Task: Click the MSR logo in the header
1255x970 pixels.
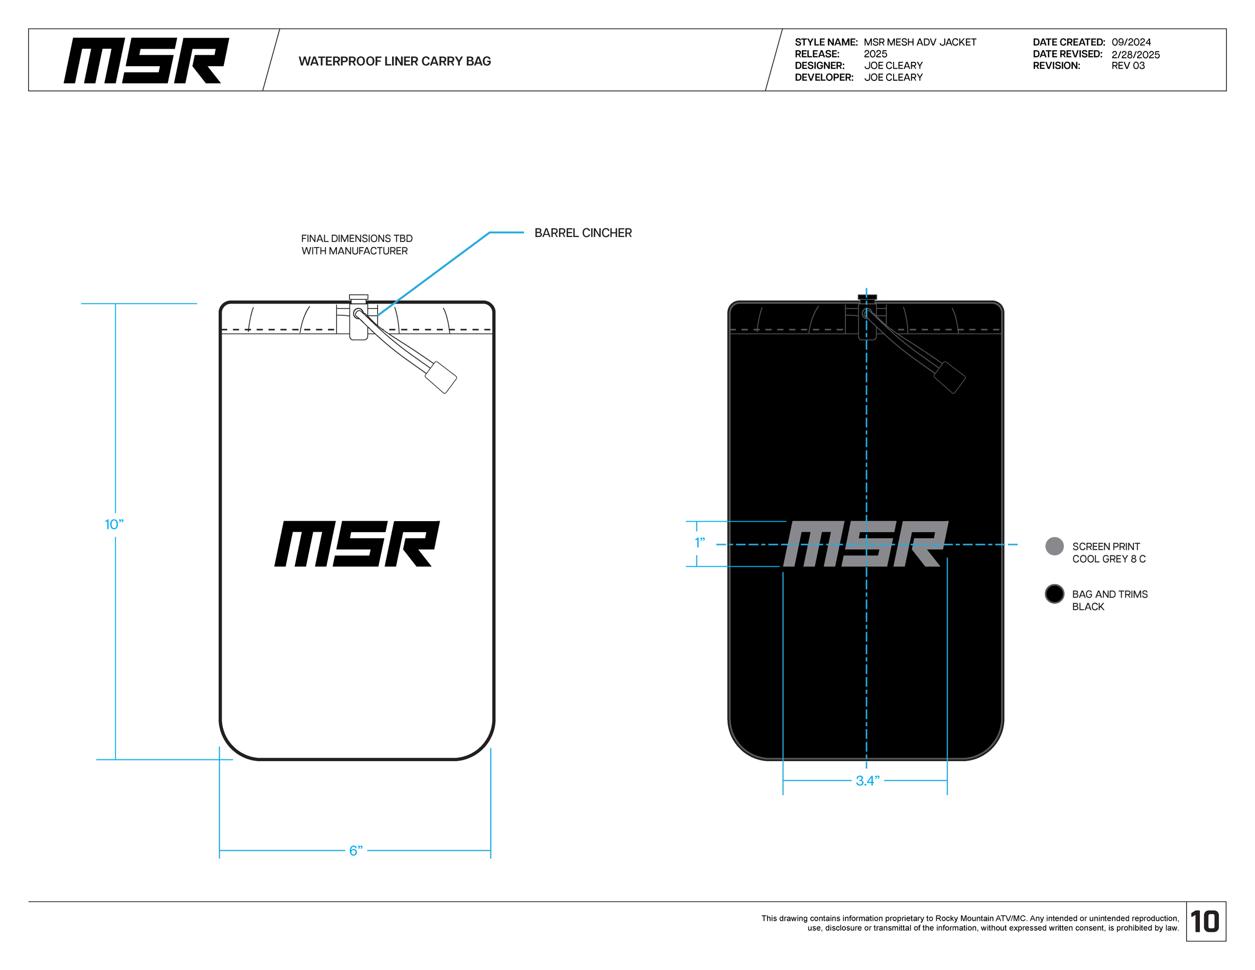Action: click(146, 60)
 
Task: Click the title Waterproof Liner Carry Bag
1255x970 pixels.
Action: click(394, 61)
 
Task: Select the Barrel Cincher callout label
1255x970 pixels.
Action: click(583, 233)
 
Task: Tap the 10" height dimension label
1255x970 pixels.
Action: click(114, 524)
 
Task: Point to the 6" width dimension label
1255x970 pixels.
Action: click(356, 850)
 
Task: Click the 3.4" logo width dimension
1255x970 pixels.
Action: click(867, 780)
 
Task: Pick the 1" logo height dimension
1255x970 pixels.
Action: click(699, 542)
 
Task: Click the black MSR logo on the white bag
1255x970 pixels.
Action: click(356, 544)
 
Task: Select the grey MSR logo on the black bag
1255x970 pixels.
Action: click(865, 544)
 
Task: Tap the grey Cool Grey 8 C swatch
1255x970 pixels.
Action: click(1054, 546)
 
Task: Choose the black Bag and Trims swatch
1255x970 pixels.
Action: click(1054, 593)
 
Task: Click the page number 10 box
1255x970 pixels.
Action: click(1205, 921)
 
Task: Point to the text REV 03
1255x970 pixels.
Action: click(1127, 65)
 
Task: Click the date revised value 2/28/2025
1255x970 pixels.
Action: click(1135, 55)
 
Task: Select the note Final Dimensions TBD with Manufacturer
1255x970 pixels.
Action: click(356, 244)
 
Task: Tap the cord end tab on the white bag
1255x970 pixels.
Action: click(441, 377)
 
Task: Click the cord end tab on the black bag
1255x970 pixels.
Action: click(949, 377)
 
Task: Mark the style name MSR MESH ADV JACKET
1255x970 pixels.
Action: click(920, 42)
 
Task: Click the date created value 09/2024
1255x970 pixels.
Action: click(1131, 42)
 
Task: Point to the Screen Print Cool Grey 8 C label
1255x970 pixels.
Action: click(1108, 552)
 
